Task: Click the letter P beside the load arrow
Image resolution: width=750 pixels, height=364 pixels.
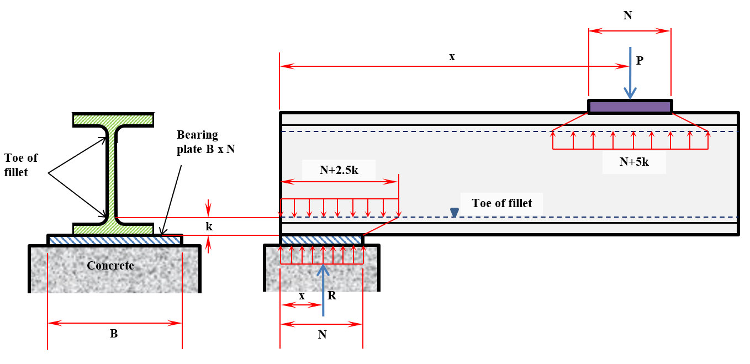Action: [x=640, y=61]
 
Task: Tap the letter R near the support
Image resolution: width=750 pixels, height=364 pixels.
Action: [x=331, y=296]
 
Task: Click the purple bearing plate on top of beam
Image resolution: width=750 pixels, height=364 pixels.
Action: [x=630, y=107]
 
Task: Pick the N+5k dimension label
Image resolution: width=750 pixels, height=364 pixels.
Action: [x=634, y=162]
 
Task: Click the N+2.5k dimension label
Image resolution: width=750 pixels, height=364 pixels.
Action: [x=339, y=170]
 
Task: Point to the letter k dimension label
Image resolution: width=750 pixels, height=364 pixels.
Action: [x=209, y=226]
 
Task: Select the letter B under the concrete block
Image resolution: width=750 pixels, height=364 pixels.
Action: [x=114, y=334]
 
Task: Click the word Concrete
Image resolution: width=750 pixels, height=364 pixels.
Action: [x=110, y=266]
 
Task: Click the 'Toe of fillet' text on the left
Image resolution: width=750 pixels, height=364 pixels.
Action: [x=21, y=164]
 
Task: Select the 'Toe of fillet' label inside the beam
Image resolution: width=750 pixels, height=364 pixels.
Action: [x=502, y=203]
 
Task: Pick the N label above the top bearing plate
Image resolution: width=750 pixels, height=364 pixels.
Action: [x=628, y=15]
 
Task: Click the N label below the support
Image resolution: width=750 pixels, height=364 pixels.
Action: [x=322, y=335]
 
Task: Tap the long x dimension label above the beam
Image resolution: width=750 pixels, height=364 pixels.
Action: [x=452, y=56]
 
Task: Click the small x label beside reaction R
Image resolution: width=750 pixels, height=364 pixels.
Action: [x=302, y=296]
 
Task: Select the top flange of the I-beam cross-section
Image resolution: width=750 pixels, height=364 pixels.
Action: [x=113, y=119]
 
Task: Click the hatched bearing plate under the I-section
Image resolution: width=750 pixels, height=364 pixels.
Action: [x=115, y=240]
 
